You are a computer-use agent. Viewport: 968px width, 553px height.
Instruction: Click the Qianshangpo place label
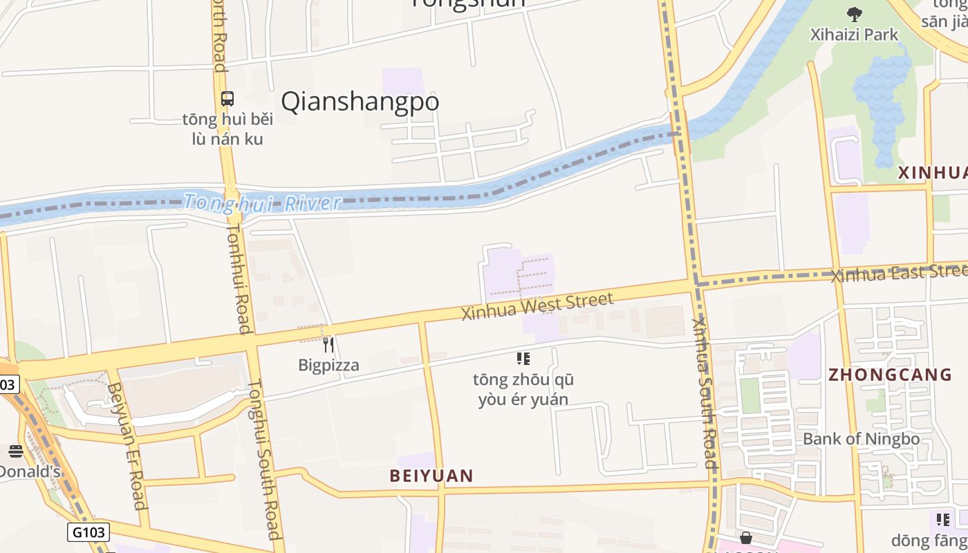click(x=360, y=102)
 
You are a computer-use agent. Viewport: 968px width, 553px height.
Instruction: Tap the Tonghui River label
click(x=263, y=203)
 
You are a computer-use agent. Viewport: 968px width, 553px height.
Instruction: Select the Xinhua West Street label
click(x=537, y=307)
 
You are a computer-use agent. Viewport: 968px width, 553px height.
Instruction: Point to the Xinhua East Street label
click(x=899, y=272)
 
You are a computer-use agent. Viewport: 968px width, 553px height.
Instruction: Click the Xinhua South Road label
click(x=706, y=394)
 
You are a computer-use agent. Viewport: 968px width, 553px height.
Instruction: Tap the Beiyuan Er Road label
click(x=127, y=446)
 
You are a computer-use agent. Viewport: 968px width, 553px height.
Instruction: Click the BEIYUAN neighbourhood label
click(x=431, y=476)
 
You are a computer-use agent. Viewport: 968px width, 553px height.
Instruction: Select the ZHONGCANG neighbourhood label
click(x=891, y=375)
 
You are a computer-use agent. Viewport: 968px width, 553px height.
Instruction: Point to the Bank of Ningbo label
click(x=861, y=438)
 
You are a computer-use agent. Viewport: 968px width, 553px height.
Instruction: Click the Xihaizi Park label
click(x=855, y=34)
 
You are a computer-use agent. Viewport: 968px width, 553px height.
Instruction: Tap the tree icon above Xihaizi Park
click(x=855, y=14)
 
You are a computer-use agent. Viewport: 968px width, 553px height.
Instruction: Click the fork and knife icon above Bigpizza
click(x=328, y=344)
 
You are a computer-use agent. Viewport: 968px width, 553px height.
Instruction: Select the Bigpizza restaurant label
click(x=328, y=365)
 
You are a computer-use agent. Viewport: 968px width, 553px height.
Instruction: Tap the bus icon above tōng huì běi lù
click(x=227, y=98)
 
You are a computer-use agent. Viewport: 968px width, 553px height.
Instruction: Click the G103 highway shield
click(x=89, y=532)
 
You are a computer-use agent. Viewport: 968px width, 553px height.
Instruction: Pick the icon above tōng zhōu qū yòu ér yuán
click(x=523, y=358)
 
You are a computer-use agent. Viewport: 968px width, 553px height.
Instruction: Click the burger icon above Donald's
click(x=16, y=452)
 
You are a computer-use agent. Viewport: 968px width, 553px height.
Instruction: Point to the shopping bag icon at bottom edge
click(x=746, y=538)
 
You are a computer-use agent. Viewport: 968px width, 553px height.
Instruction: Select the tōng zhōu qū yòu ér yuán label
click(x=523, y=389)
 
